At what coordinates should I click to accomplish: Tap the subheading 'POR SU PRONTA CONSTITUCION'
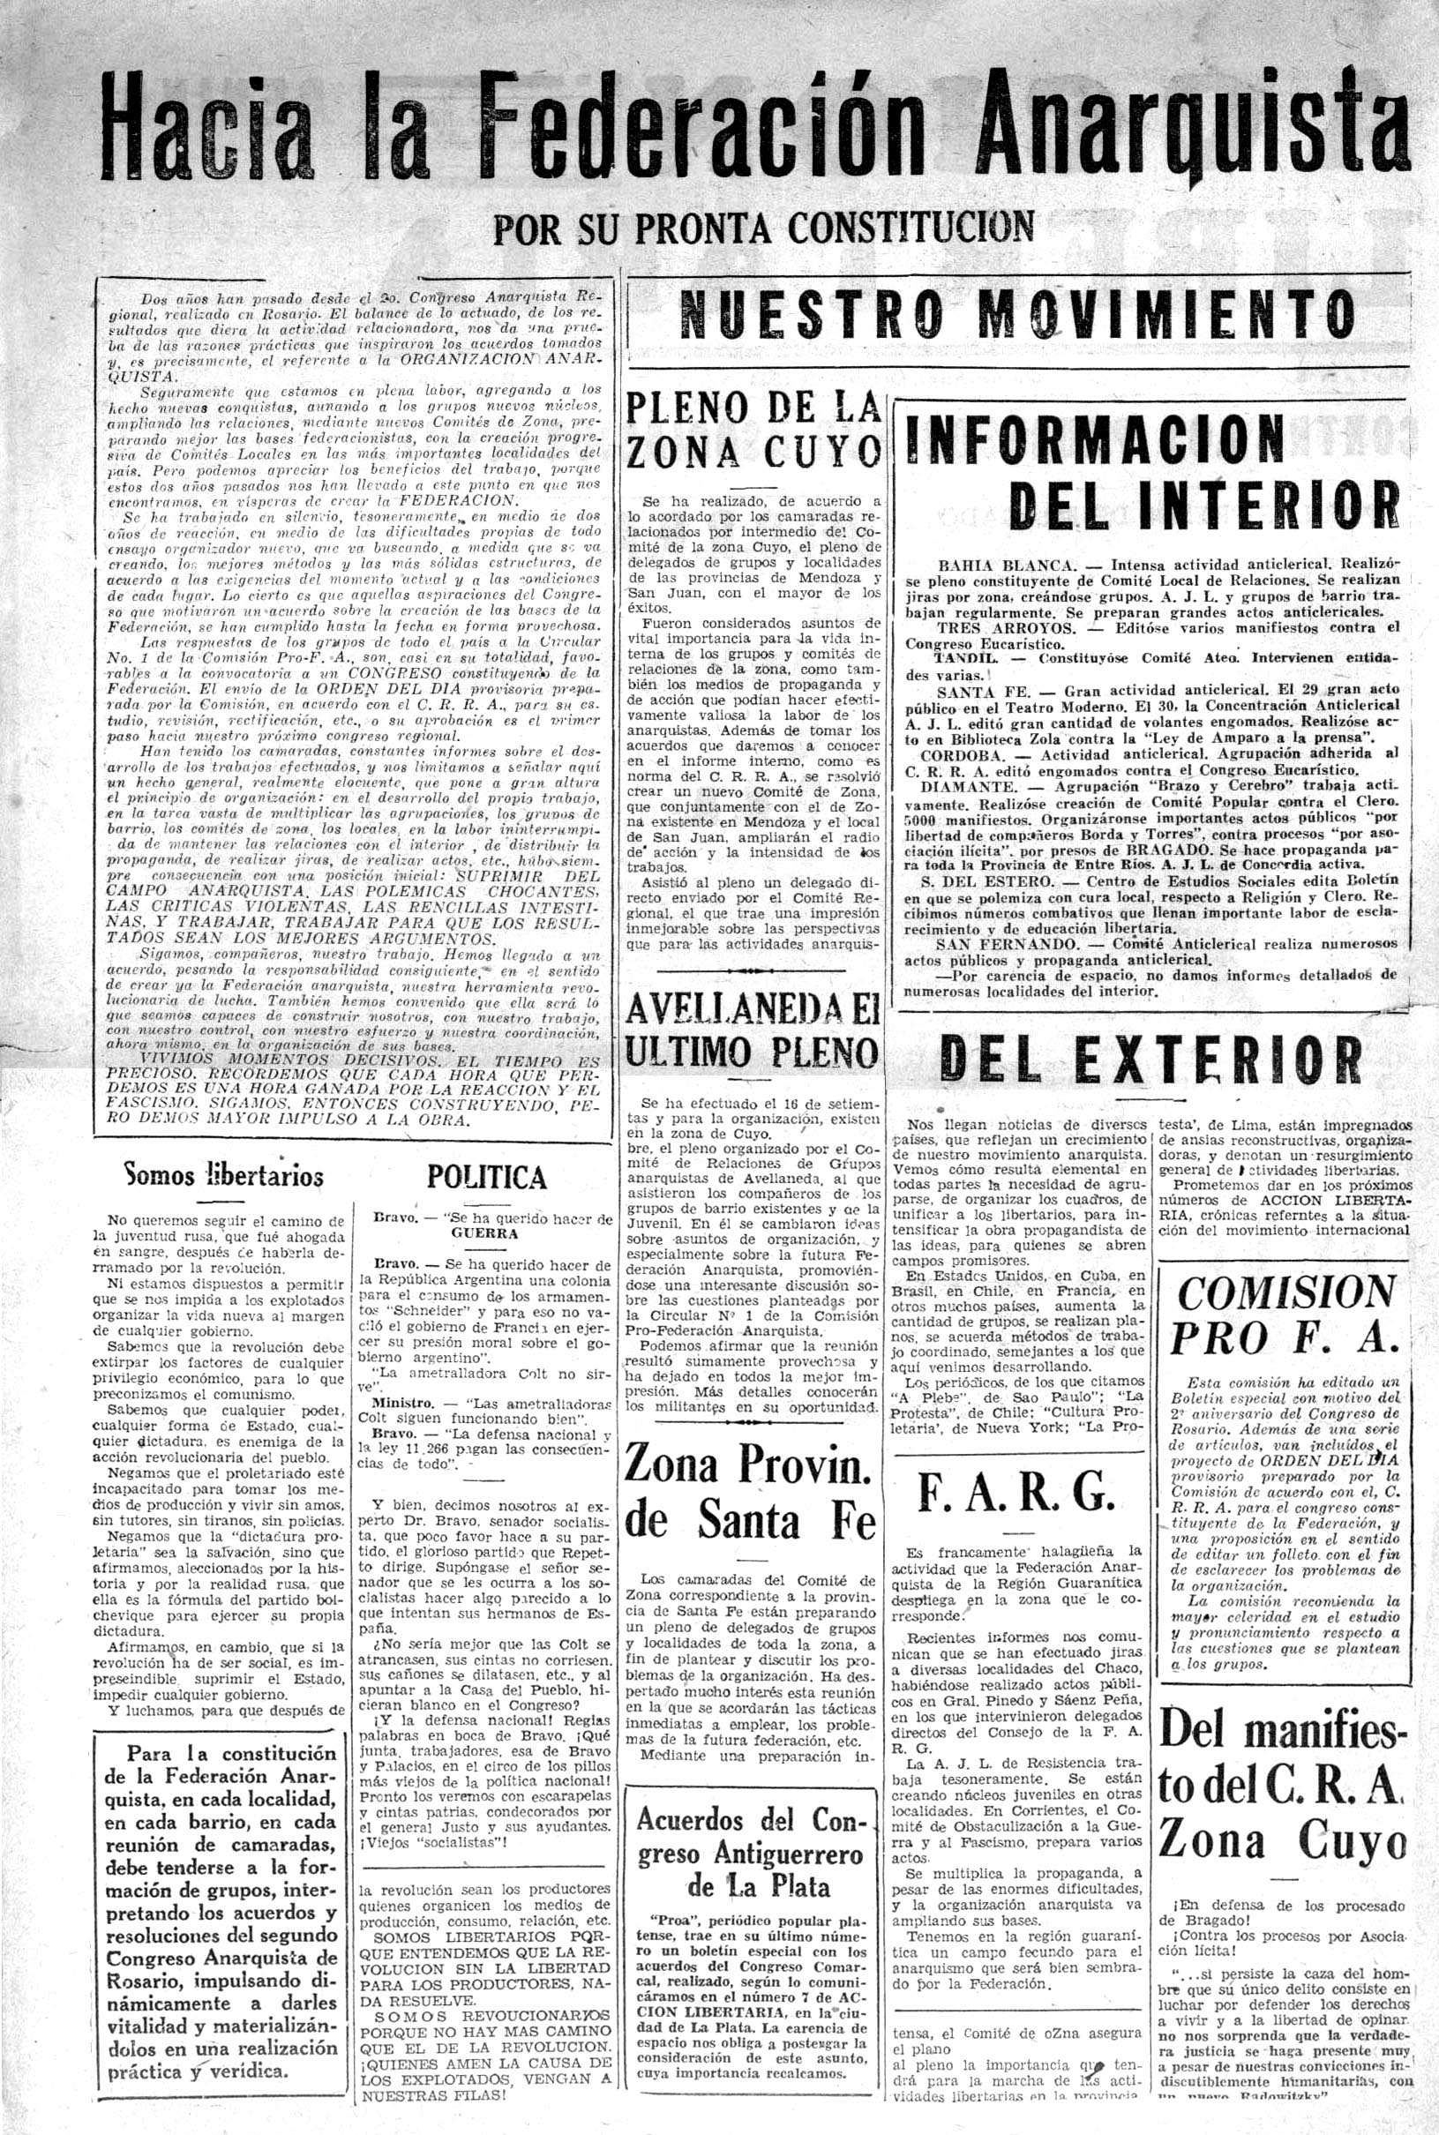pos(763,227)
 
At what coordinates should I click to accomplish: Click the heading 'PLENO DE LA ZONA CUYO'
pos(753,431)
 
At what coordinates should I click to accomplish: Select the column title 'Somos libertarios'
pos(223,1175)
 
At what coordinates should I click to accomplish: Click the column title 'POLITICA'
pos(486,1178)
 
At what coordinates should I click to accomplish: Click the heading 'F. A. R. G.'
pos(1016,1495)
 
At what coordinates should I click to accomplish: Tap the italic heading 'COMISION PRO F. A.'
pos(1285,1317)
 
